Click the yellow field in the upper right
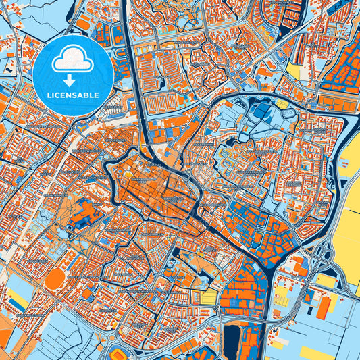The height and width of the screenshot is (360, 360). pos(294,70)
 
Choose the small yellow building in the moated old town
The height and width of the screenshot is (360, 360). pos(128,177)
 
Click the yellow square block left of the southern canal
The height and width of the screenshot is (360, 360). pos(210,297)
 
